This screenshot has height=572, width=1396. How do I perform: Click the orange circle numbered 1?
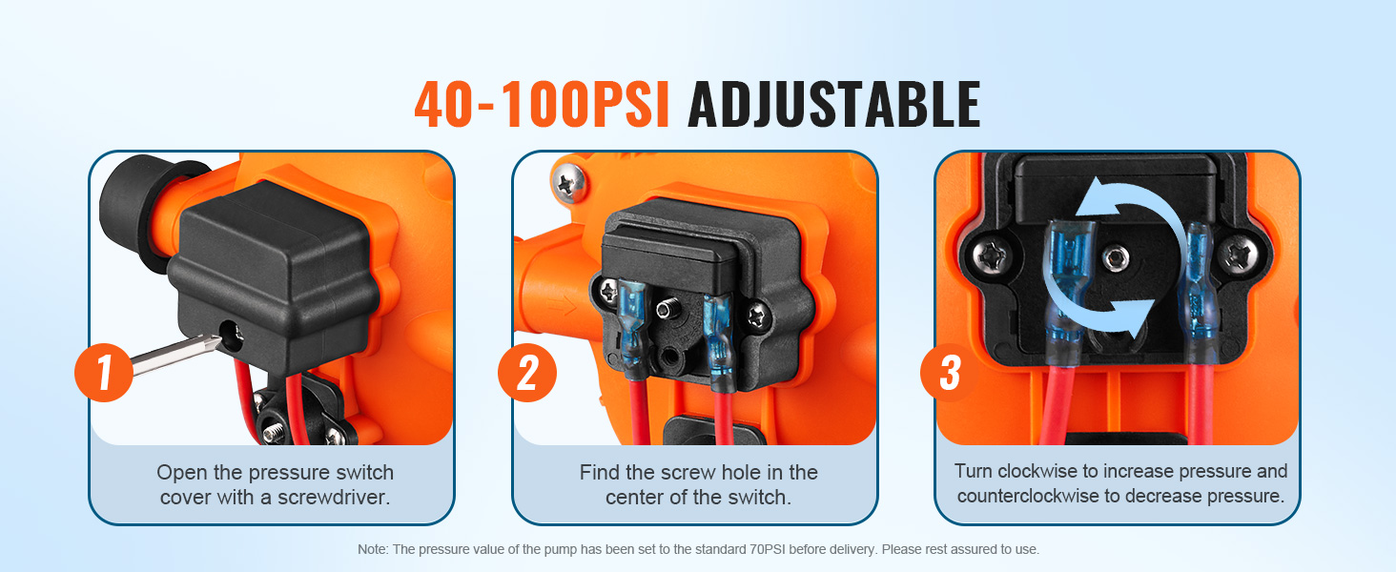tap(103, 373)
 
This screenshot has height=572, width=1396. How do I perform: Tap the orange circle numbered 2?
tap(526, 373)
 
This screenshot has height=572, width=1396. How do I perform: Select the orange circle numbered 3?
tap(949, 373)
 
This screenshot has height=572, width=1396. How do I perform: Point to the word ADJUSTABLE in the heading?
tap(833, 105)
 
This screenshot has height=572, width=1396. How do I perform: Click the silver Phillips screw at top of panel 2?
tap(568, 183)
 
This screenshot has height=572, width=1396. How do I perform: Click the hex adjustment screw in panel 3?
tap(1115, 256)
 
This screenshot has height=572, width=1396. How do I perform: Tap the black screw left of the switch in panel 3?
tap(991, 255)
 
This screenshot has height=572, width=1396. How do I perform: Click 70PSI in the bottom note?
tap(768, 549)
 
